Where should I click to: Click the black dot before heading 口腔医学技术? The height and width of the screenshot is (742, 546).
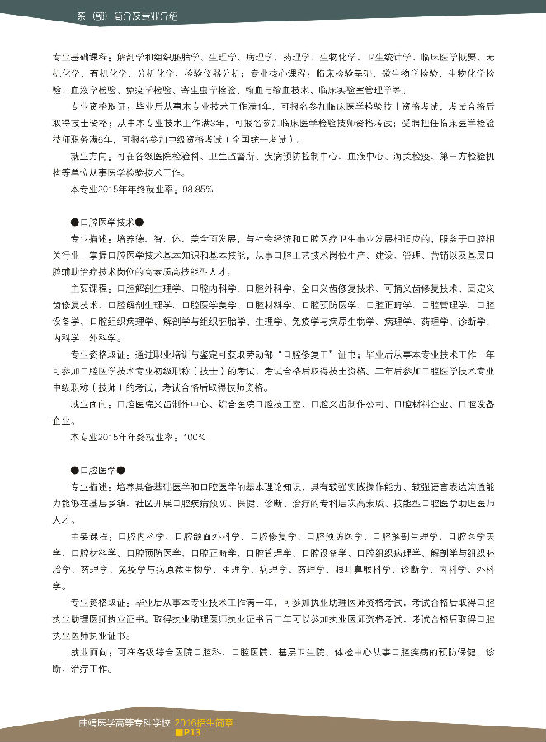click(75, 221)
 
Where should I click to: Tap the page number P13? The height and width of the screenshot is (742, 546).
click(192, 730)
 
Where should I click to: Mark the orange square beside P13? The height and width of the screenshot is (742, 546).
click(178, 730)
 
